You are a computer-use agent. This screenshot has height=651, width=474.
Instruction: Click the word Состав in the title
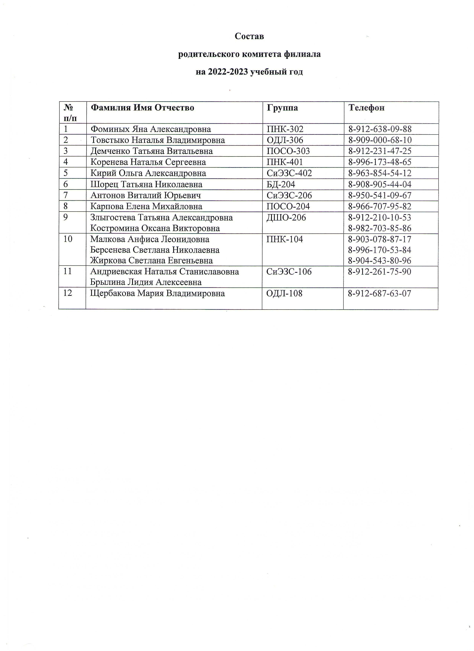coord(249,36)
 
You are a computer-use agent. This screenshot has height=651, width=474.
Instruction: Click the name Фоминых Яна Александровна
coord(151,129)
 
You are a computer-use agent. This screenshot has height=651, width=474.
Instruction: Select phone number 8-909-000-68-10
coord(380,140)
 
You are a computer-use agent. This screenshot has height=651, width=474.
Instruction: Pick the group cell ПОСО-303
coord(288,151)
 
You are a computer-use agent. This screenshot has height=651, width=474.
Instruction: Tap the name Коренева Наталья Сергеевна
coord(148,162)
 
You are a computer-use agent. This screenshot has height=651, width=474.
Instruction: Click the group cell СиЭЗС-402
coord(289,173)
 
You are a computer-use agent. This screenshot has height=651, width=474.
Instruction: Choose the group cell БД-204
coord(281,184)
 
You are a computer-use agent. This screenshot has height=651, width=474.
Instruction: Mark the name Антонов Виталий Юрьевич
coord(146,195)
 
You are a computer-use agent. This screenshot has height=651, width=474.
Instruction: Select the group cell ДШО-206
coord(286,217)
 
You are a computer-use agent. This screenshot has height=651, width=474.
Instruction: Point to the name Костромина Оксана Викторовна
coord(155,228)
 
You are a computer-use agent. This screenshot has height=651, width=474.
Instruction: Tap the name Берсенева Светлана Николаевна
coord(155,250)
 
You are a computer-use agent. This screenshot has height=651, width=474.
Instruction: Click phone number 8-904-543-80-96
coord(379,261)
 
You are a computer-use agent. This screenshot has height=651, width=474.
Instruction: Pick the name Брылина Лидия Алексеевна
coord(146,282)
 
